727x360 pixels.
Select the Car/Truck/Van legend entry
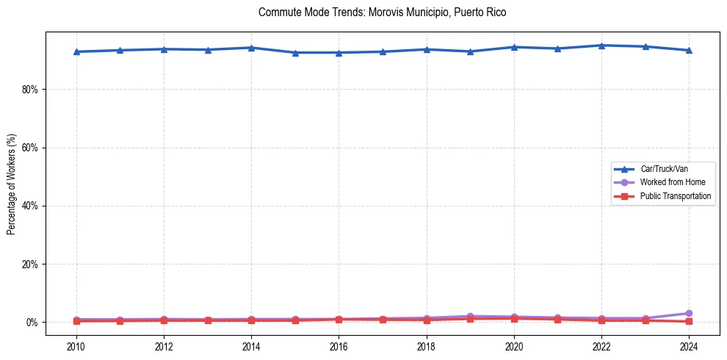click(x=664, y=169)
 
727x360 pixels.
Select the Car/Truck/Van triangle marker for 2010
click(x=76, y=51)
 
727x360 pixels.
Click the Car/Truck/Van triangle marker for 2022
click(x=601, y=46)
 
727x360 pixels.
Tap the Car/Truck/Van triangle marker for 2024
click(x=689, y=50)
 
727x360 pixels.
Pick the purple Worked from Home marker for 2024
click(x=689, y=314)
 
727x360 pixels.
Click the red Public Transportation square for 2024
click(x=689, y=322)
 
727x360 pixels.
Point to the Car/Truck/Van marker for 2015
click(x=294, y=53)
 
